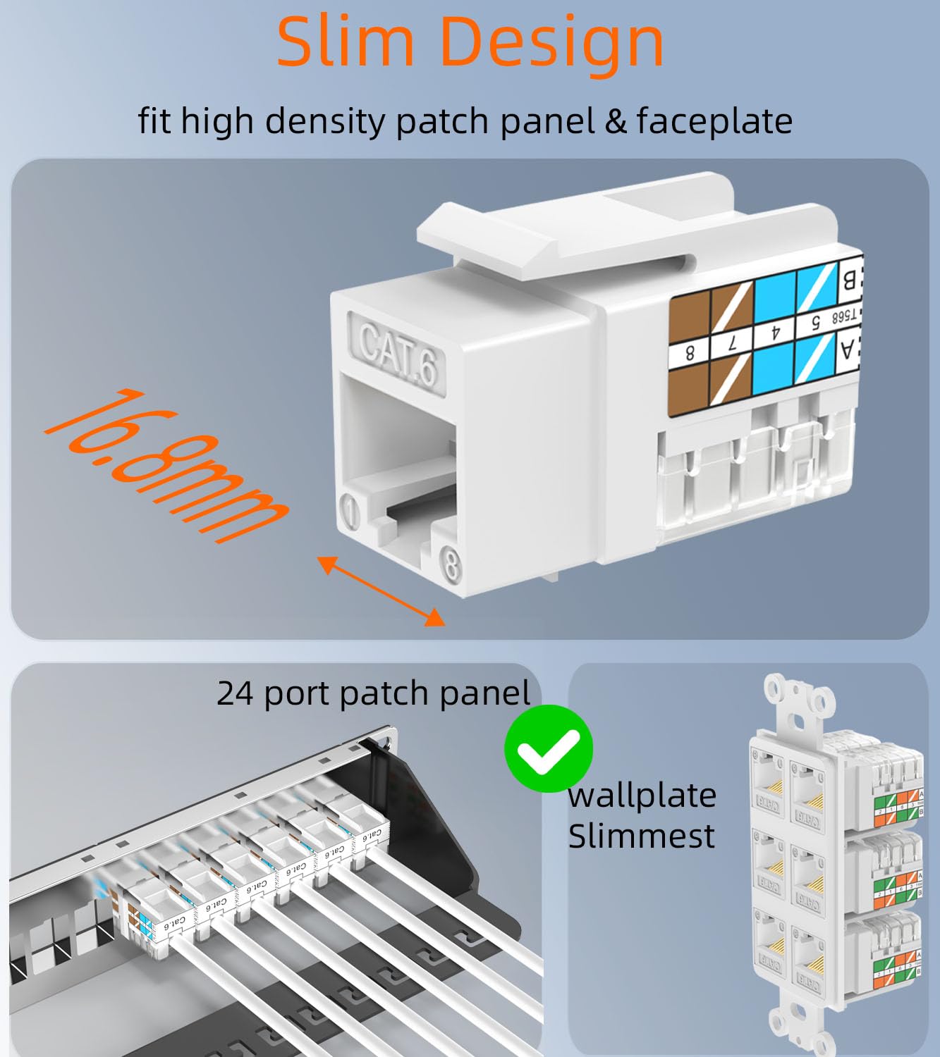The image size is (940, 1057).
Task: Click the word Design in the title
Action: pyautogui.click(x=551, y=44)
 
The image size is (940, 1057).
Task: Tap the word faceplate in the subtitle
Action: pyautogui.click(x=714, y=121)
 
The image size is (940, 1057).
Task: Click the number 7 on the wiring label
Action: pyautogui.click(x=732, y=345)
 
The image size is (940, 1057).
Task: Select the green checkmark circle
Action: pyautogui.click(x=548, y=748)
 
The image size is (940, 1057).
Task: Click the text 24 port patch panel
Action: pyautogui.click(x=373, y=693)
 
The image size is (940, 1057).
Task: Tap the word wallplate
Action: pyautogui.click(x=642, y=796)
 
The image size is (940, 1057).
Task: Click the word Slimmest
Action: pyautogui.click(x=641, y=837)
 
